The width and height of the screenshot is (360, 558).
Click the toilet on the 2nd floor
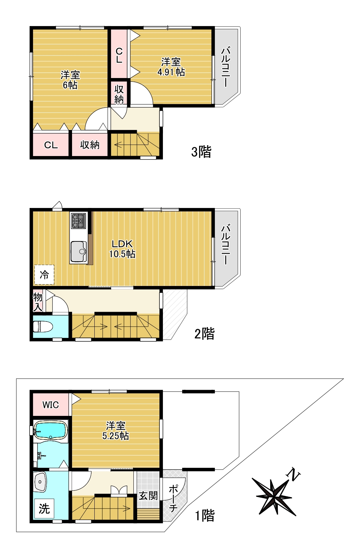42,327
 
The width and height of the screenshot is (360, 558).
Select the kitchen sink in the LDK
79,251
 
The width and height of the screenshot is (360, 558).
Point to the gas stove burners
79,221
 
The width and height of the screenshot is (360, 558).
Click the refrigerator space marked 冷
44,275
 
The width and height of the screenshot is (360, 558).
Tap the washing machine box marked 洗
44,509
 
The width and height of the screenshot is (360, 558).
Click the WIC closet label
50,405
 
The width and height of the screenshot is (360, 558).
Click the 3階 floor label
201,152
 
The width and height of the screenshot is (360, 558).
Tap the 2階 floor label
204,334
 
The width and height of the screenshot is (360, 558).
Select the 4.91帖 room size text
171,72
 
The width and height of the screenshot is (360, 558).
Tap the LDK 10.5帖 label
122,249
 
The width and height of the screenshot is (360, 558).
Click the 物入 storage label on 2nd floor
38,302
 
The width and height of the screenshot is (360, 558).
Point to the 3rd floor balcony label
226,67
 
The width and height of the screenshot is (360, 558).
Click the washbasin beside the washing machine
40,481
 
